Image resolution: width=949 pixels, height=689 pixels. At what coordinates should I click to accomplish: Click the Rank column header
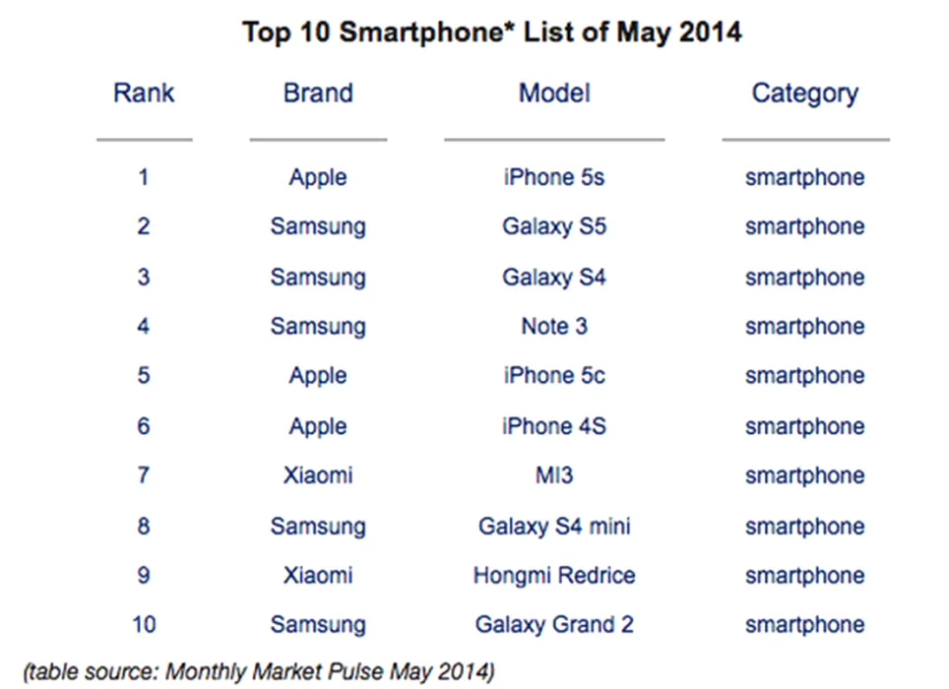(144, 94)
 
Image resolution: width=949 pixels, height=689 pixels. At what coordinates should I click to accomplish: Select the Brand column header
(317, 94)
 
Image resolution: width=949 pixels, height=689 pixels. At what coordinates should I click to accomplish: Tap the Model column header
(554, 94)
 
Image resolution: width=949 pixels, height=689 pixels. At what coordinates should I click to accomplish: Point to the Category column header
(804, 94)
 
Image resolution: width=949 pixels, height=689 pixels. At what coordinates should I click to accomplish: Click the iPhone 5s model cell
(554, 178)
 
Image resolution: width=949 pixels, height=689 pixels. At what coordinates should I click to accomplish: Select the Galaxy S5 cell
(554, 227)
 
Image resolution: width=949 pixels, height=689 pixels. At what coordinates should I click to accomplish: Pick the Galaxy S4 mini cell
(554, 527)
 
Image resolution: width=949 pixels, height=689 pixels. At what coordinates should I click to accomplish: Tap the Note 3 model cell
(554, 327)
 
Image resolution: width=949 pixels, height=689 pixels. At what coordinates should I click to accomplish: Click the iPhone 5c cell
(554, 376)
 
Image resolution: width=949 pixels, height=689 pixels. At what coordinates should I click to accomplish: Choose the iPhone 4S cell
(554, 427)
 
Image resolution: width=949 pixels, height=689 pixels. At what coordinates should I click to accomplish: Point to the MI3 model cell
(554, 476)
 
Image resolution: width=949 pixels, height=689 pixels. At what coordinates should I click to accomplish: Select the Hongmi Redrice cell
(554, 576)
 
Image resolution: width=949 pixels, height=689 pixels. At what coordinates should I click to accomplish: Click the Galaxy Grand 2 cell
(554, 625)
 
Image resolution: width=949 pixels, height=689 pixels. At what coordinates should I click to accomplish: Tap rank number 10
(144, 625)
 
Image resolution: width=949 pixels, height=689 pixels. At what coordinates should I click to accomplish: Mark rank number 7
(144, 476)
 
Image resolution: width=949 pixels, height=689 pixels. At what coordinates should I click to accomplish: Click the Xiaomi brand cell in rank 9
(317, 576)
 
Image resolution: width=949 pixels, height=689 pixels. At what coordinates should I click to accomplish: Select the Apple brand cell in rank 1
(317, 178)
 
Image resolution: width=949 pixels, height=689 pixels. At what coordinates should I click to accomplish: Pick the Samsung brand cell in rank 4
(317, 327)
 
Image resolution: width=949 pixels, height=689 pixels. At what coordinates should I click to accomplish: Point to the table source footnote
(259, 672)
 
